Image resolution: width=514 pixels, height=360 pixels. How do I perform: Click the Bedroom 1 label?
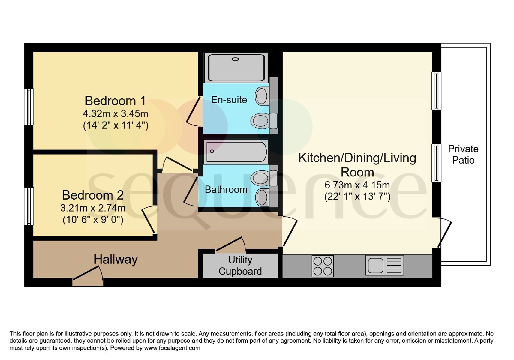115,101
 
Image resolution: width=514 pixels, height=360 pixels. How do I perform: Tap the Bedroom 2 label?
93,195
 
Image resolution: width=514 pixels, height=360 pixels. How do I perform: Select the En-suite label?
229,100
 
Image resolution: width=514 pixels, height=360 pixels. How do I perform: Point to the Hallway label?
115,260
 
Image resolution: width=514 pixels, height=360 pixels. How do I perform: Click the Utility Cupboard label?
240,266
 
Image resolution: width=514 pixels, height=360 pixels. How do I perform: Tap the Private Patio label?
463,155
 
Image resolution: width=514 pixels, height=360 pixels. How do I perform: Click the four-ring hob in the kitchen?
323,266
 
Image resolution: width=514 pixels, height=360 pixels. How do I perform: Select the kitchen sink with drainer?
385,265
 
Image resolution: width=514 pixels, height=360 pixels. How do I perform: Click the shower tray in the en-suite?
236,67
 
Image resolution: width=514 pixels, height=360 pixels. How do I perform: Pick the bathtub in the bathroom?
236,152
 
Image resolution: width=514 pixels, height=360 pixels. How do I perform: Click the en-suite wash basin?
262,96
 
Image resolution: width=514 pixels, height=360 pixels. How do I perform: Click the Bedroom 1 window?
29,107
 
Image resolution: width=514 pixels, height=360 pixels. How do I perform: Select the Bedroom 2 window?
29,206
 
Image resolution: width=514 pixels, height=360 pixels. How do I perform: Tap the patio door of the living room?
445,233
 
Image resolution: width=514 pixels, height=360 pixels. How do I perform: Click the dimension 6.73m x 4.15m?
357,185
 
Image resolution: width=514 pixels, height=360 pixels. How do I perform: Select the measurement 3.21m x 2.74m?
93,208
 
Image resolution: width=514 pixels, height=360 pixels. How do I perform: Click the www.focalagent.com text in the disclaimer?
172,348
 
